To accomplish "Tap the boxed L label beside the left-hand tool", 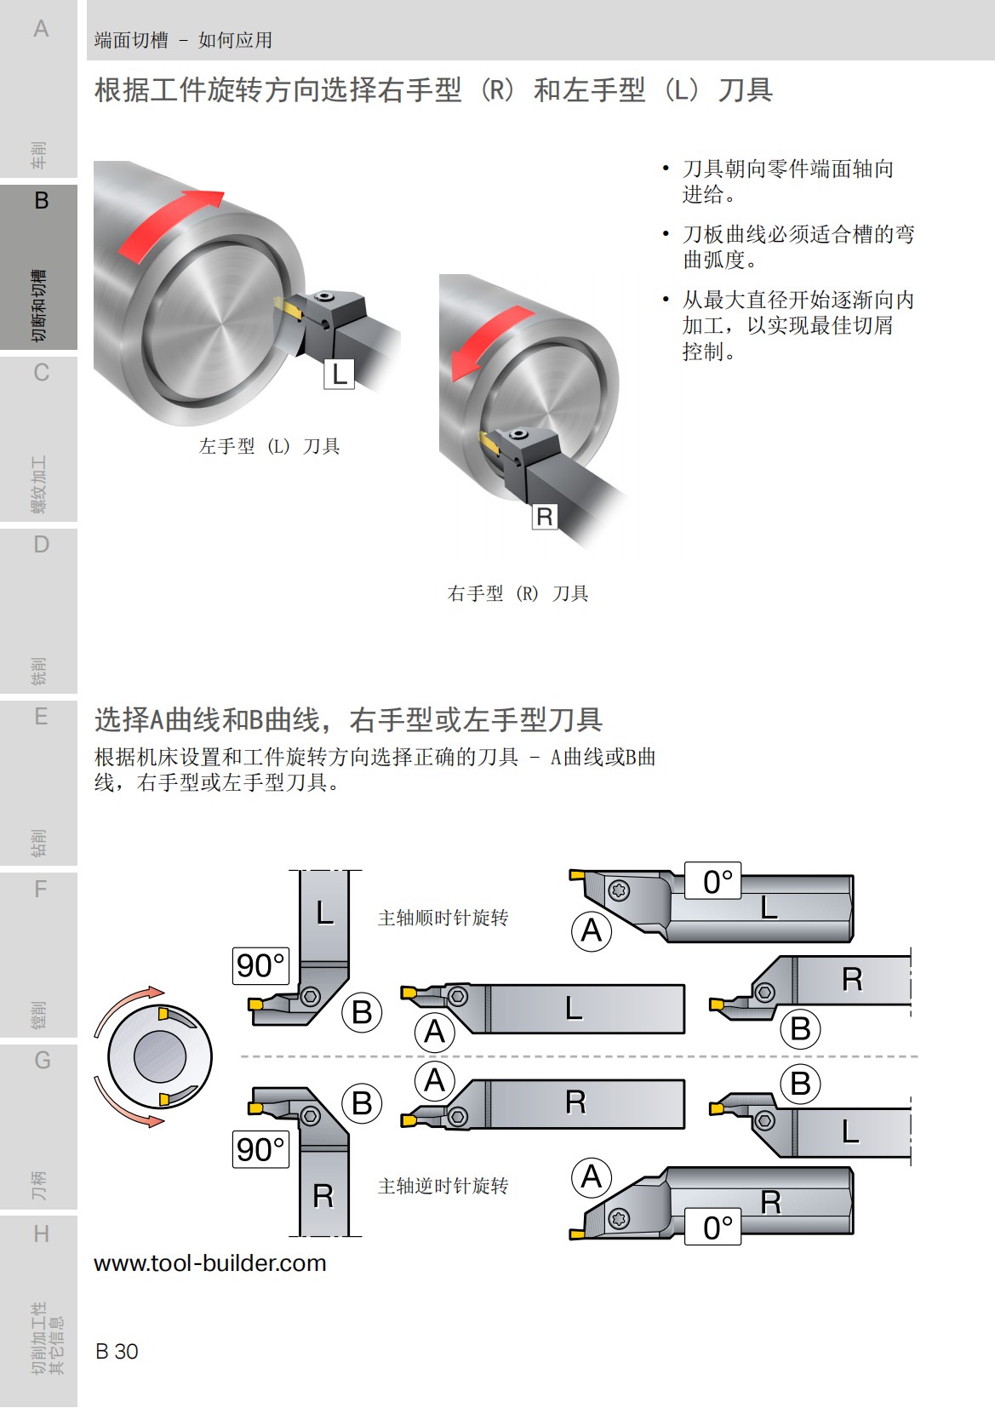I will (339, 374).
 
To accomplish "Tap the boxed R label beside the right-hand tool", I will (545, 516).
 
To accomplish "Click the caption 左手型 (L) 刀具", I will (269, 446).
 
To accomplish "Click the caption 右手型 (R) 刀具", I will (518, 593).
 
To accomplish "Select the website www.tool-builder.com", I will (210, 1262).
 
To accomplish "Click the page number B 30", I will (117, 1351).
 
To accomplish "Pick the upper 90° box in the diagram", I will (260, 965).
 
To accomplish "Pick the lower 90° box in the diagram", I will (260, 1149).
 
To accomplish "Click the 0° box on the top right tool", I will (713, 881).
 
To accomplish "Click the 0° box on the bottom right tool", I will (713, 1227).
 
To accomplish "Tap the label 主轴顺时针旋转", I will (443, 918).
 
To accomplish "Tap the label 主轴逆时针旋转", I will (443, 1186).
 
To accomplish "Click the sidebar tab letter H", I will (41, 1233).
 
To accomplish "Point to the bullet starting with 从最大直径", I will (797, 324).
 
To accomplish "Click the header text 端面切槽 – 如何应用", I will (183, 40).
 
